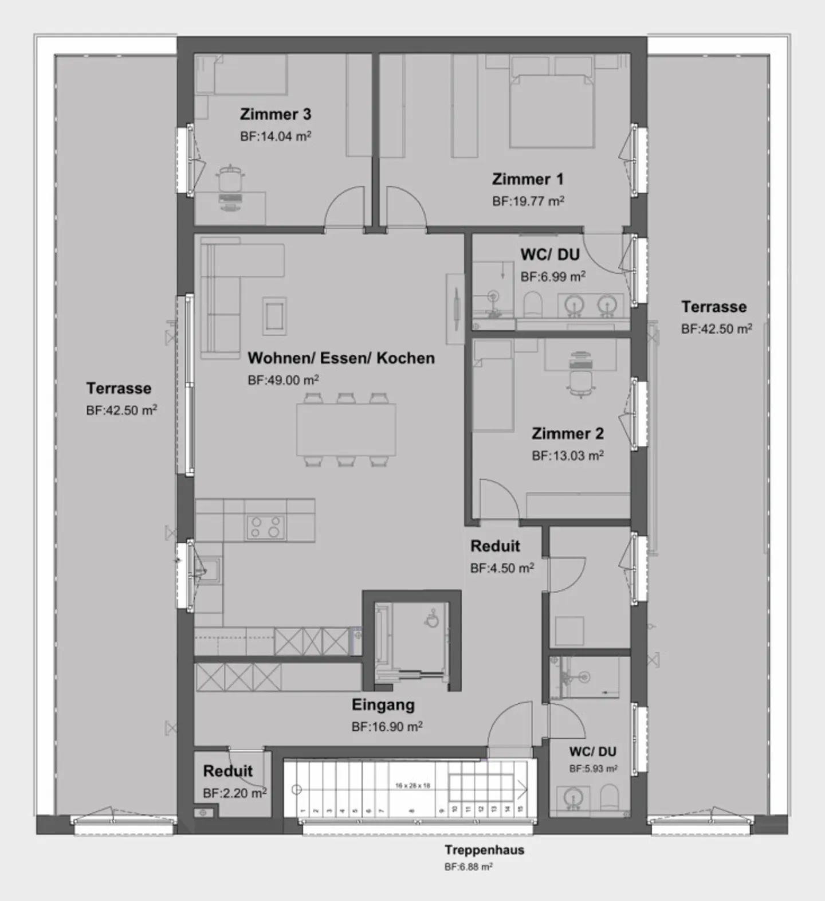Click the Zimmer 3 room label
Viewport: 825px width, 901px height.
point(275,114)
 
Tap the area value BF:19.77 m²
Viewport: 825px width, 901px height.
point(528,201)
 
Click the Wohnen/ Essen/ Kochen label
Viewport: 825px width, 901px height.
point(341,358)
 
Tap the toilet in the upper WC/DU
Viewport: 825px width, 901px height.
point(532,304)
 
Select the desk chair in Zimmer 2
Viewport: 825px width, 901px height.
point(580,381)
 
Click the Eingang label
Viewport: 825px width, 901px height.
point(383,705)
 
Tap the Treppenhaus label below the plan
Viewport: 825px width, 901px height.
point(484,850)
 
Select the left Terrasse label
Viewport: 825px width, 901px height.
point(119,389)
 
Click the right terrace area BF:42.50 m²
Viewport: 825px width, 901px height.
point(716,329)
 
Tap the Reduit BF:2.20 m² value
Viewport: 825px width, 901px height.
point(234,793)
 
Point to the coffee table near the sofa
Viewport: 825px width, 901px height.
point(274,315)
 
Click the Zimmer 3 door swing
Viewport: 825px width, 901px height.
point(344,209)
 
